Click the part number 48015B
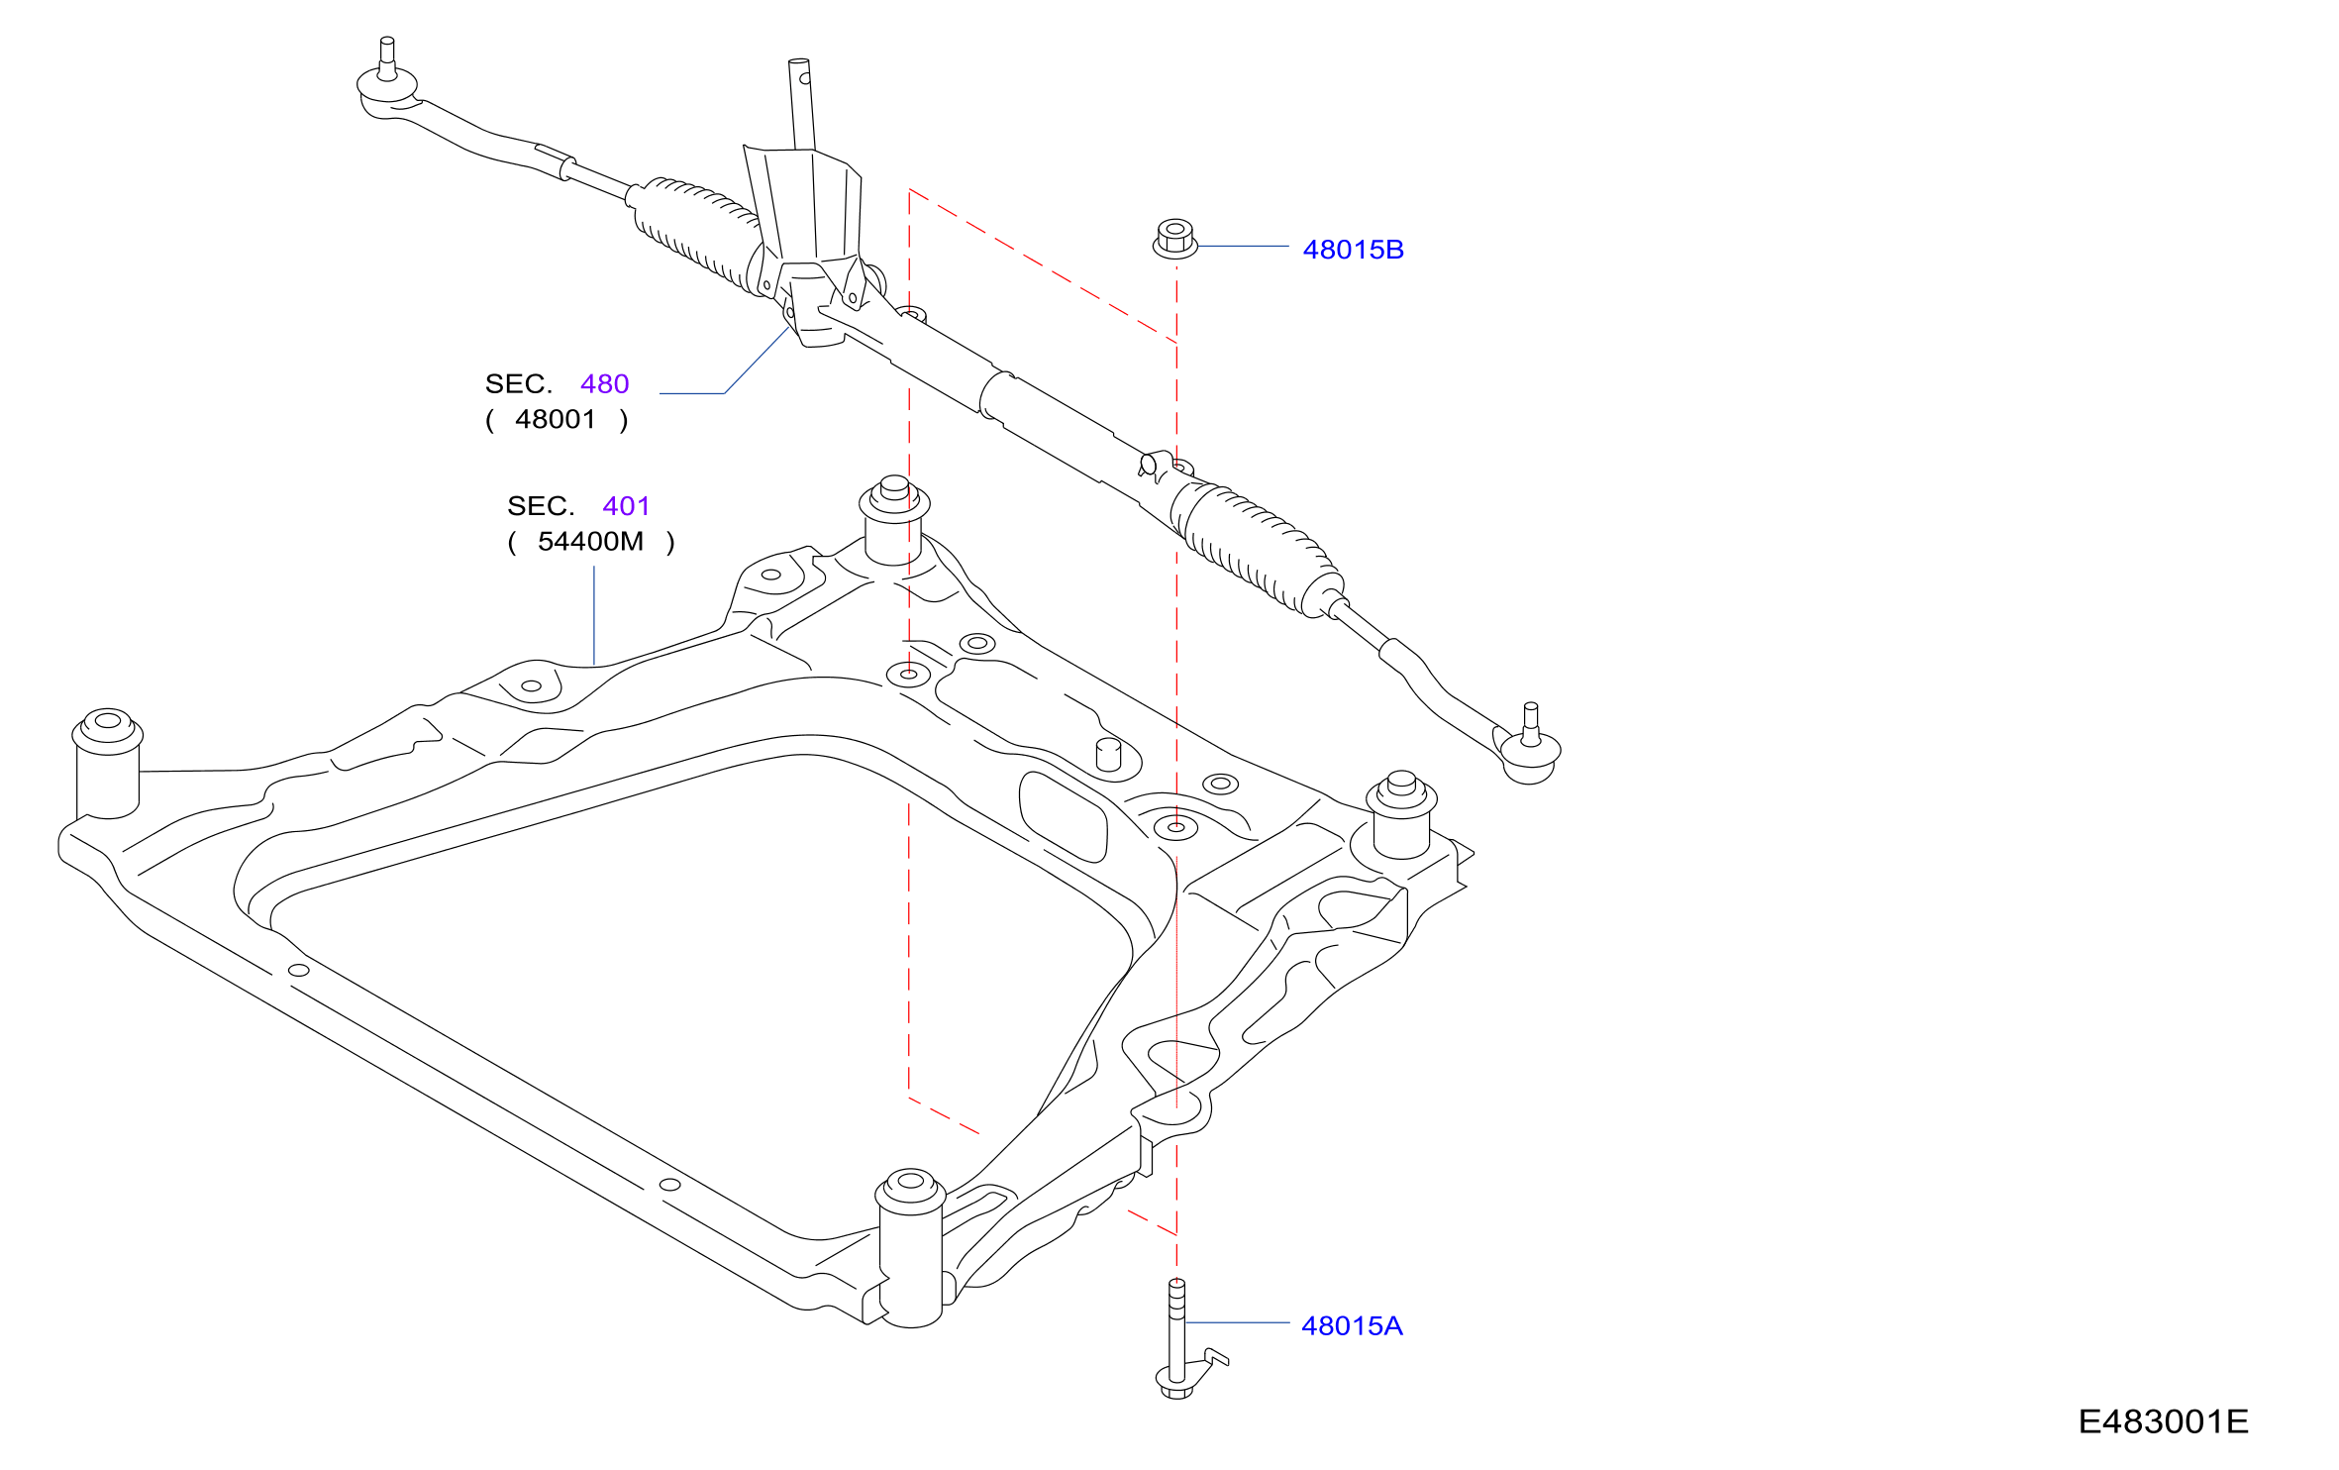click(1353, 250)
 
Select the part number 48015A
click(1352, 1325)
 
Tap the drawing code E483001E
click(2163, 1421)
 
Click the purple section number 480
click(604, 383)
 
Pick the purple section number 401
click(626, 506)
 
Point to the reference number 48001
click(556, 419)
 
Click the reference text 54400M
click(590, 541)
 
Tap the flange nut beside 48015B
click(1175, 240)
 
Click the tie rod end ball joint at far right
click(1530, 746)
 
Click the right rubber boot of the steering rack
click(1256, 548)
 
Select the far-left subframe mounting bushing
click(108, 764)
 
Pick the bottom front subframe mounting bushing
click(910, 1248)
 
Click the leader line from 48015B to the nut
click(1244, 246)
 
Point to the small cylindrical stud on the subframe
click(1109, 754)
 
